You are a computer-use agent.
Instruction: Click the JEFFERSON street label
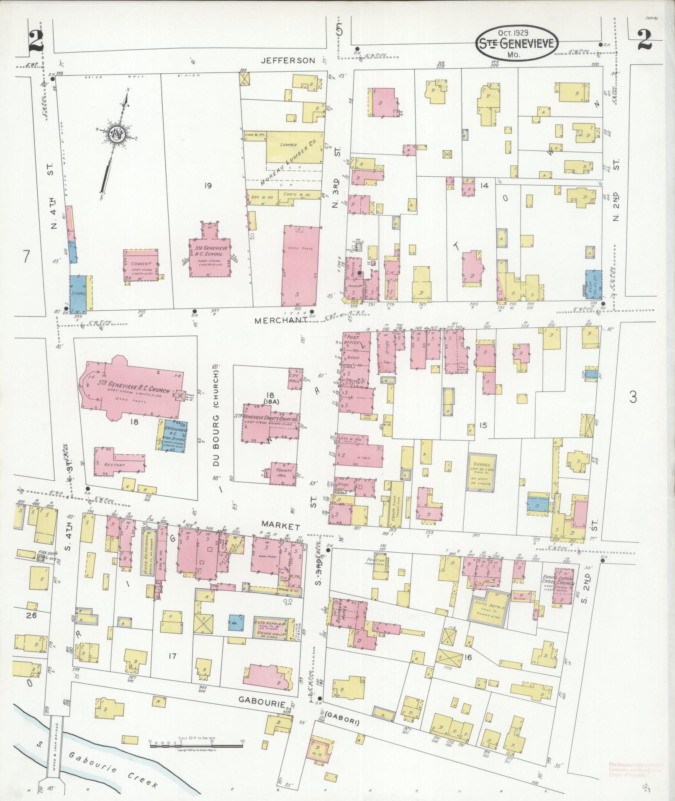(287, 61)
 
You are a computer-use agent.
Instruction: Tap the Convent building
(141, 265)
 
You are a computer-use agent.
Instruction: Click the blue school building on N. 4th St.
(78, 294)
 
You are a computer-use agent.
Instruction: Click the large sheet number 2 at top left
(37, 42)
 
